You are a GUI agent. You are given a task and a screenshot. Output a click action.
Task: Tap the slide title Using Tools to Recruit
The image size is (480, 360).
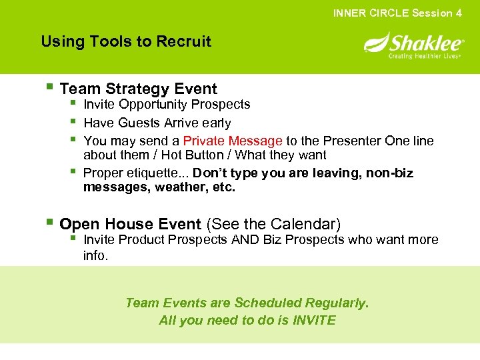pyautogui.click(x=126, y=41)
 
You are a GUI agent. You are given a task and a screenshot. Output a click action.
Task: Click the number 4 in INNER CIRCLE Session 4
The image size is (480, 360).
pyautogui.click(x=459, y=13)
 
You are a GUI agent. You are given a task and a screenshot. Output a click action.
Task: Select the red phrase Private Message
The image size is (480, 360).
pyautogui.click(x=233, y=141)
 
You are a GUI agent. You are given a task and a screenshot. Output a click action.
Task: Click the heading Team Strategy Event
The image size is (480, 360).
pyautogui.click(x=138, y=89)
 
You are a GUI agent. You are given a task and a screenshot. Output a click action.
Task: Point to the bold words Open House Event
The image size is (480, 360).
pyautogui.click(x=130, y=224)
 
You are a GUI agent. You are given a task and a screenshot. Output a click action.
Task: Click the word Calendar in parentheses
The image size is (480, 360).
pyautogui.click(x=308, y=224)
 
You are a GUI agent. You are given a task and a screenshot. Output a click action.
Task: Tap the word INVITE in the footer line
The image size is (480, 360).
pyautogui.click(x=314, y=321)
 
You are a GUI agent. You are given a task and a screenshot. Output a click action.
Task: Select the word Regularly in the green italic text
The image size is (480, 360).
pyautogui.click(x=337, y=303)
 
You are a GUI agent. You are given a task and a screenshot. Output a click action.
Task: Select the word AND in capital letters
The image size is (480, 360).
pyautogui.click(x=245, y=239)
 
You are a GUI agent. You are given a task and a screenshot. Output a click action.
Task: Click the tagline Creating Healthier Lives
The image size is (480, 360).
pyautogui.click(x=425, y=57)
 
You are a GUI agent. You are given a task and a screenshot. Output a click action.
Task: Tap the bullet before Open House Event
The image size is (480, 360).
pyautogui.click(x=50, y=223)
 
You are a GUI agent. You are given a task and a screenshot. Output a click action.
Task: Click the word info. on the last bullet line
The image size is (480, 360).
pyautogui.click(x=95, y=255)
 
